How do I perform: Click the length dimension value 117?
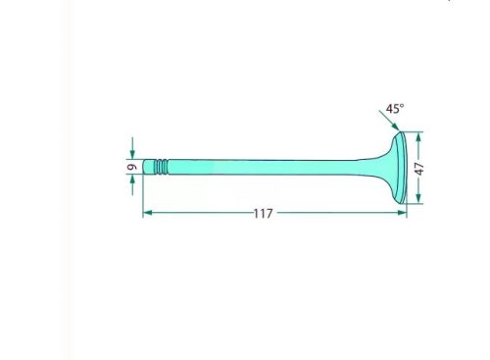pyautogui.click(x=263, y=214)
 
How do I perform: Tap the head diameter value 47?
pyautogui.click(x=419, y=169)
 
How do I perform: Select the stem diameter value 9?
pyautogui.click(x=131, y=167)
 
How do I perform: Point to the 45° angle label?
pyautogui.click(x=395, y=109)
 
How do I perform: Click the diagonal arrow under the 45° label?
pyautogui.click(x=389, y=121)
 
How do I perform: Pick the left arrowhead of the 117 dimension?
pyautogui.click(x=148, y=213)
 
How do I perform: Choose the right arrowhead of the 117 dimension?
pyautogui.click(x=402, y=213)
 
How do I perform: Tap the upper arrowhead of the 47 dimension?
pyautogui.click(x=418, y=137)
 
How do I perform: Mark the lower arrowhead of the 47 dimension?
pyautogui.click(x=418, y=198)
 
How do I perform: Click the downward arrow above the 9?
pyautogui.click(x=132, y=148)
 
